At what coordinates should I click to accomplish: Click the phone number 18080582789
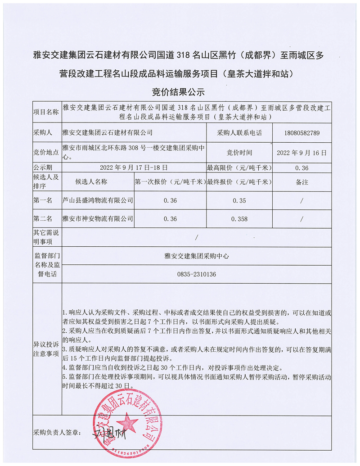(302, 133)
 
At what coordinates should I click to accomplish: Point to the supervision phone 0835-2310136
(197, 274)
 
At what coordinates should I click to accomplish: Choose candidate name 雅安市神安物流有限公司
(98, 219)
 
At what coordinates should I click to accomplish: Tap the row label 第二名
(43, 219)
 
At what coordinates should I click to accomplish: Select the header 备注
(302, 182)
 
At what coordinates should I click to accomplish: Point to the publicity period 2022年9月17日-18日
(134, 167)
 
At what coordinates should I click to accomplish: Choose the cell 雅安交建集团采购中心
(197, 255)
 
